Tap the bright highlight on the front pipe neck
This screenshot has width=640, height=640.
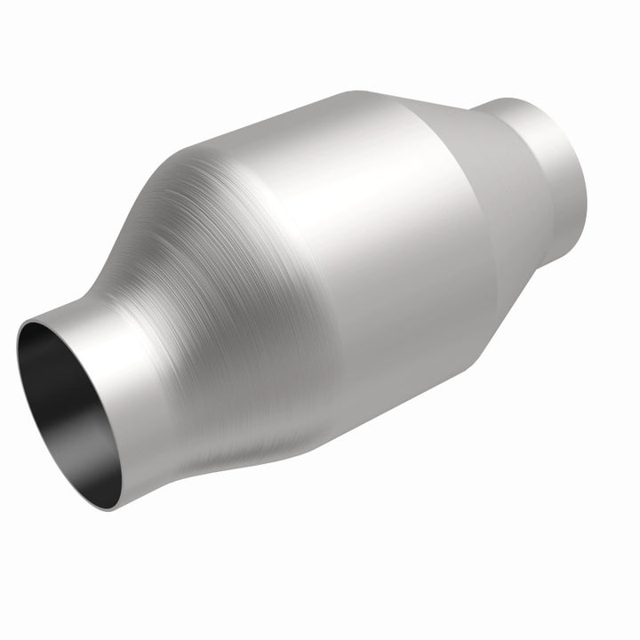(x=107, y=320)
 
